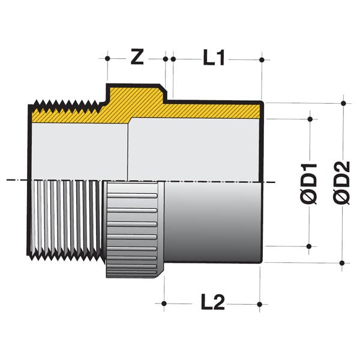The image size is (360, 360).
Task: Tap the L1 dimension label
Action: point(213,58)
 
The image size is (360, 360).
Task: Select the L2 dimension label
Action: point(212,304)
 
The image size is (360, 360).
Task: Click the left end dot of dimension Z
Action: point(107,59)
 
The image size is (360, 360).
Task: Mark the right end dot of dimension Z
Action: point(165,59)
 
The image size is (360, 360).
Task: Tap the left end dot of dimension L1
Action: point(173,59)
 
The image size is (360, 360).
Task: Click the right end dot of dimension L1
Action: point(262,59)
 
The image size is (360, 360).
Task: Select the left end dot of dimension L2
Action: point(164,304)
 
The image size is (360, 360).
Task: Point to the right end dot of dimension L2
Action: point(260,304)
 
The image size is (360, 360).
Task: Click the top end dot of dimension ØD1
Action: point(310,119)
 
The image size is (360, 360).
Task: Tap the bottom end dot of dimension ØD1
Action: point(310,246)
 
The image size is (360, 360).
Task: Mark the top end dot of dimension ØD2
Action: point(343,103)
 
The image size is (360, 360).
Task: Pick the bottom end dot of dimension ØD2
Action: point(343,262)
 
